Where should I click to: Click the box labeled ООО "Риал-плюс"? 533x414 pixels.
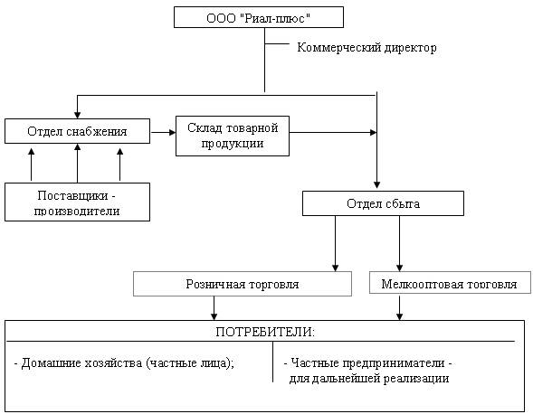(259, 17)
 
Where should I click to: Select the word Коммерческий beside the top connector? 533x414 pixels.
(338, 48)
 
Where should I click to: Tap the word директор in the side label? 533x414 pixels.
(410, 48)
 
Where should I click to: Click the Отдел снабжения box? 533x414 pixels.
(77, 131)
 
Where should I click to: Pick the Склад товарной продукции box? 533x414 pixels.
(233, 136)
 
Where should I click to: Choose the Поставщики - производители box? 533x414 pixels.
(77, 202)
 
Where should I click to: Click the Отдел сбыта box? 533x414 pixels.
(383, 203)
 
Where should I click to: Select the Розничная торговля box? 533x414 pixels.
(243, 284)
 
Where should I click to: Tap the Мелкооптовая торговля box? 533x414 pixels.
(450, 283)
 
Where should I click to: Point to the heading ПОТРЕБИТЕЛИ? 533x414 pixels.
(265, 332)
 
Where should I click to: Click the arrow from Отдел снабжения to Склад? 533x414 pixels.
(163, 132)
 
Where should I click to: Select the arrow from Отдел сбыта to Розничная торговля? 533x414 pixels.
(335, 243)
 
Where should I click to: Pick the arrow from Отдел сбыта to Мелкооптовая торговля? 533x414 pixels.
(399, 243)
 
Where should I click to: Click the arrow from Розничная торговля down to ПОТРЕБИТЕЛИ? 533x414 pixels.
(214, 308)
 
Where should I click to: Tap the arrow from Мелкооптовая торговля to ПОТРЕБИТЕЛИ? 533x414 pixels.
(399, 307)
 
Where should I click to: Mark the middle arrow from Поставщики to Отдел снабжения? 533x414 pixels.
(78, 163)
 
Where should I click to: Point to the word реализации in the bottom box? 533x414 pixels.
(416, 379)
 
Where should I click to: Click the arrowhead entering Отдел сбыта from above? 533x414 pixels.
(376, 185)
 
